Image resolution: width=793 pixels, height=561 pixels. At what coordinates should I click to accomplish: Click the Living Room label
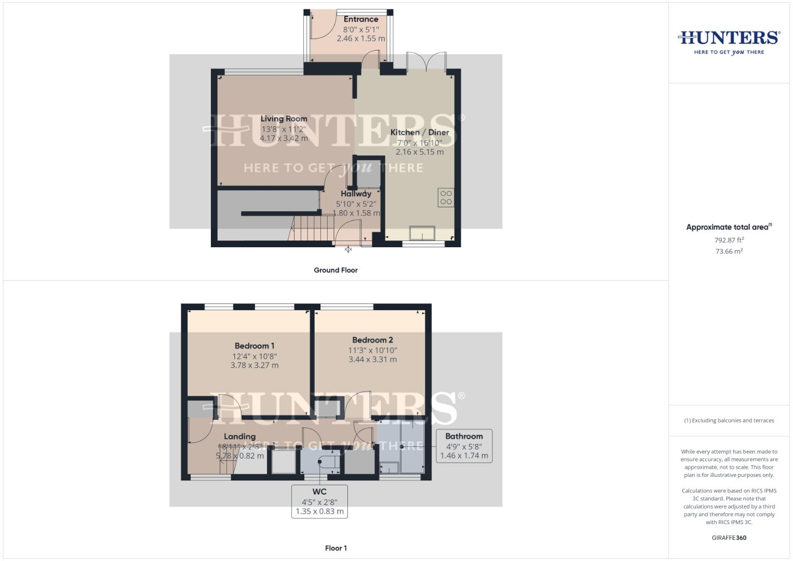[x=284, y=119]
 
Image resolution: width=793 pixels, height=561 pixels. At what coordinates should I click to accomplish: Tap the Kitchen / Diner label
[x=420, y=132]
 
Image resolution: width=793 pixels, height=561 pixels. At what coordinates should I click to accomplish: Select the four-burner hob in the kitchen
[x=446, y=197]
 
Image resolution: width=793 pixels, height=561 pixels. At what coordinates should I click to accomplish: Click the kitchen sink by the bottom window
[x=423, y=233]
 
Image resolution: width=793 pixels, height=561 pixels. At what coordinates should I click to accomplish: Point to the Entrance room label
[x=361, y=19]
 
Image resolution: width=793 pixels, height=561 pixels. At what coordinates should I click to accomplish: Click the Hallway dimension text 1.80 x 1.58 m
[x=356, y=213]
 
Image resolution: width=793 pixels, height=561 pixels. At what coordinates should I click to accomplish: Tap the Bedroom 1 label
[x=254, y=346]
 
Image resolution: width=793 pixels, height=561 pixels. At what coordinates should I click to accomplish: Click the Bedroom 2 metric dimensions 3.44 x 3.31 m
[x=372, y=359]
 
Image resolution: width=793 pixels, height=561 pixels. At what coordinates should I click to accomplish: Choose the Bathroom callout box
[x=464, y=446]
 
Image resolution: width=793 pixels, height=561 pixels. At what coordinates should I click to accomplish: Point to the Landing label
[x=239, y=437]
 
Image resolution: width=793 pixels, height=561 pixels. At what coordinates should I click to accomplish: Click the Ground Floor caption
[x=335, y=270]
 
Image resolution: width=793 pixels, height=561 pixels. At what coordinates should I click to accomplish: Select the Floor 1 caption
[x=335, y=548]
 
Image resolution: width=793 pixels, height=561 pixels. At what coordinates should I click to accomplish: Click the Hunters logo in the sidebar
[x=729, y=42]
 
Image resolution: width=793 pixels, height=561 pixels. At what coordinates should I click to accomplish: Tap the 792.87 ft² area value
[x=729, y=240]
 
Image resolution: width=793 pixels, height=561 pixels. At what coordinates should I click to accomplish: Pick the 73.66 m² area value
[x=729, y=251]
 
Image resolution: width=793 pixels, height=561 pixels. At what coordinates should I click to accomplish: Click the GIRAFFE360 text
[x=729, y=538]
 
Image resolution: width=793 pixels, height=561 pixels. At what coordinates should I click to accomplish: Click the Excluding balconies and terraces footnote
[x=729, y=421]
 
